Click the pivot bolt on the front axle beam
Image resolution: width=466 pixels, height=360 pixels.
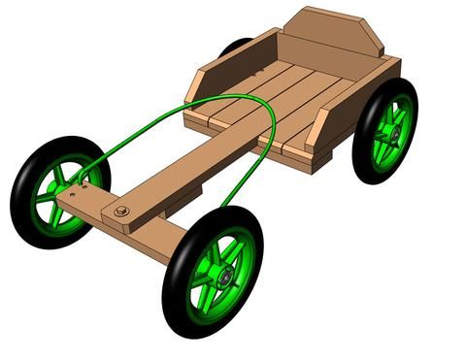[x=121, y=211]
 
